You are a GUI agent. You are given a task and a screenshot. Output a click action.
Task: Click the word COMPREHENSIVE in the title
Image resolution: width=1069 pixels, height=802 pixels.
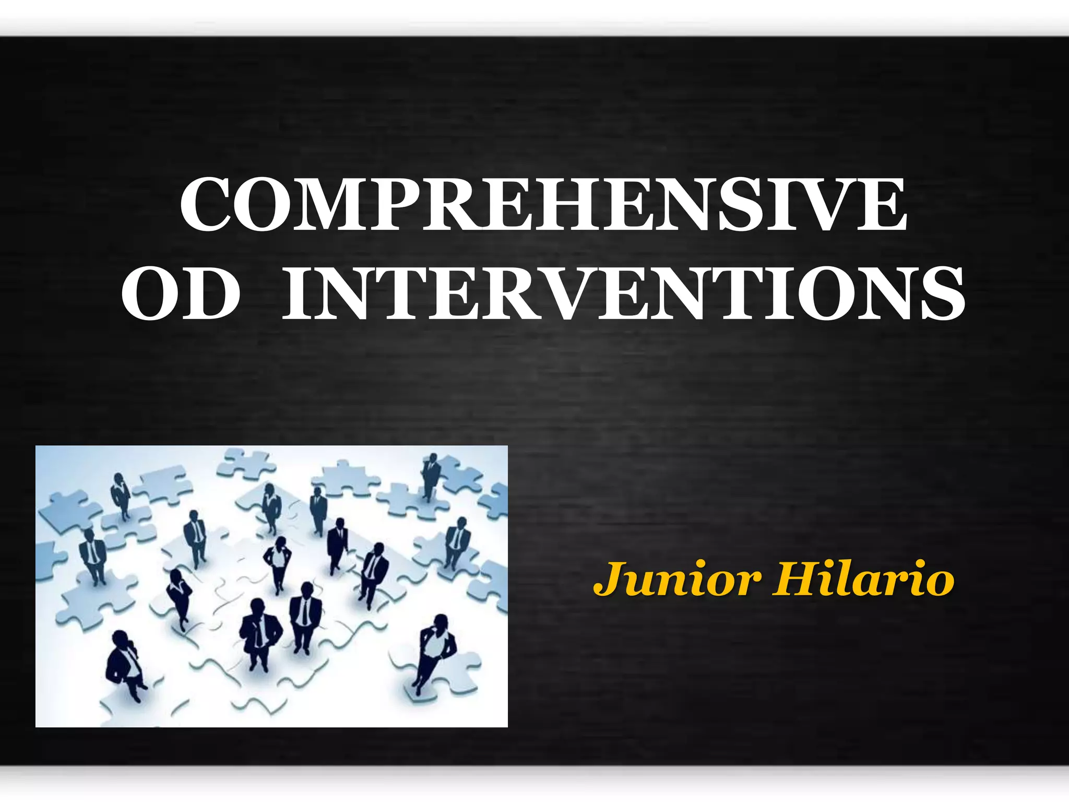[543, 205]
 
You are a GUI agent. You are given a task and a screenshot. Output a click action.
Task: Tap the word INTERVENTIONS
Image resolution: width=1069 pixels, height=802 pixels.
[623, 293]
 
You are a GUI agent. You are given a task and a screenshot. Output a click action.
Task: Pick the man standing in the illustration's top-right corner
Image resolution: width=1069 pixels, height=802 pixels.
[431, 475]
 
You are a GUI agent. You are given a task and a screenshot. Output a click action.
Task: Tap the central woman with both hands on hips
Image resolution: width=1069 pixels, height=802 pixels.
[278, 564]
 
